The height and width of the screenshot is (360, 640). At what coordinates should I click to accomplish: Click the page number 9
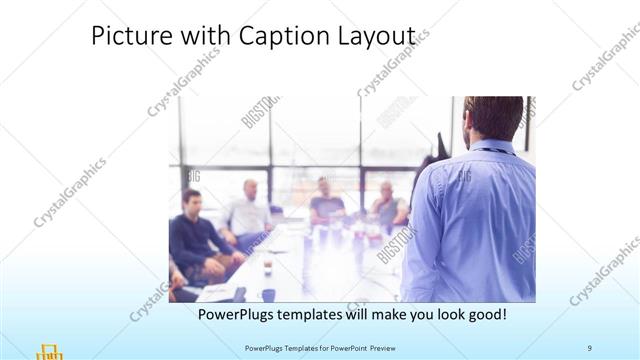(590, 347)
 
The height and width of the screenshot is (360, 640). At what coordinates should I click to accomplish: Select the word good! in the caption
(484, 314)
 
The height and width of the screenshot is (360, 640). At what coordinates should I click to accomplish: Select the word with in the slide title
(197, 36)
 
